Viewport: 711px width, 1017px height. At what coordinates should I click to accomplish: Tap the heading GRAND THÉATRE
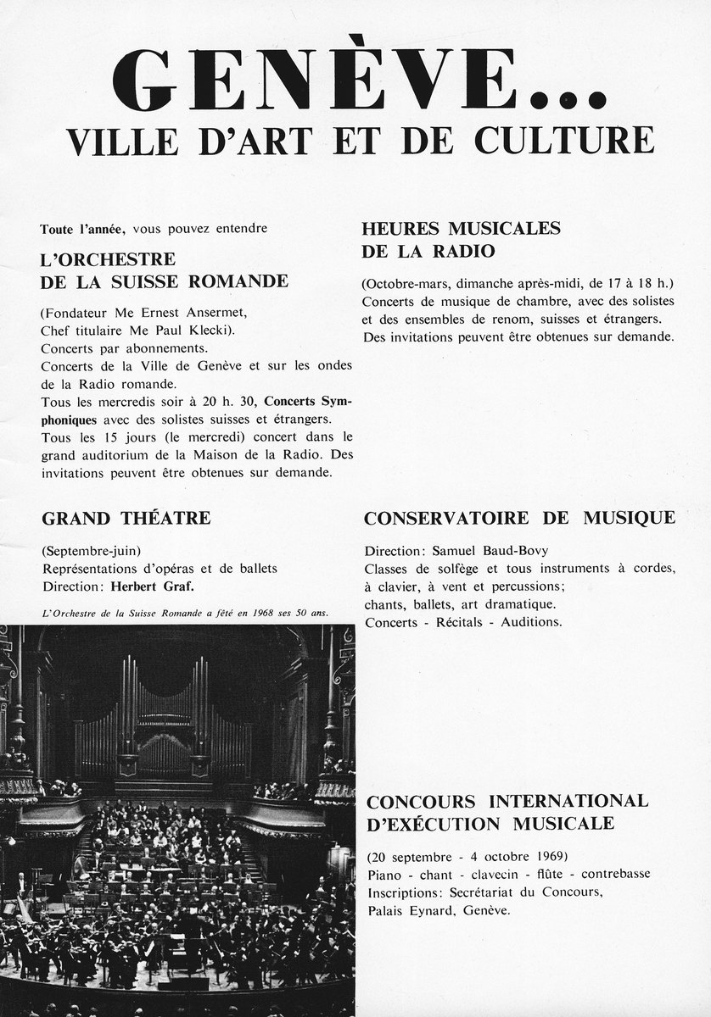126,518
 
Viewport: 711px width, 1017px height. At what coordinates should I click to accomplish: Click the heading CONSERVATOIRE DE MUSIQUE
519,518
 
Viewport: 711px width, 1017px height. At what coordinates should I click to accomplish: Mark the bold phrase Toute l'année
82,229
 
